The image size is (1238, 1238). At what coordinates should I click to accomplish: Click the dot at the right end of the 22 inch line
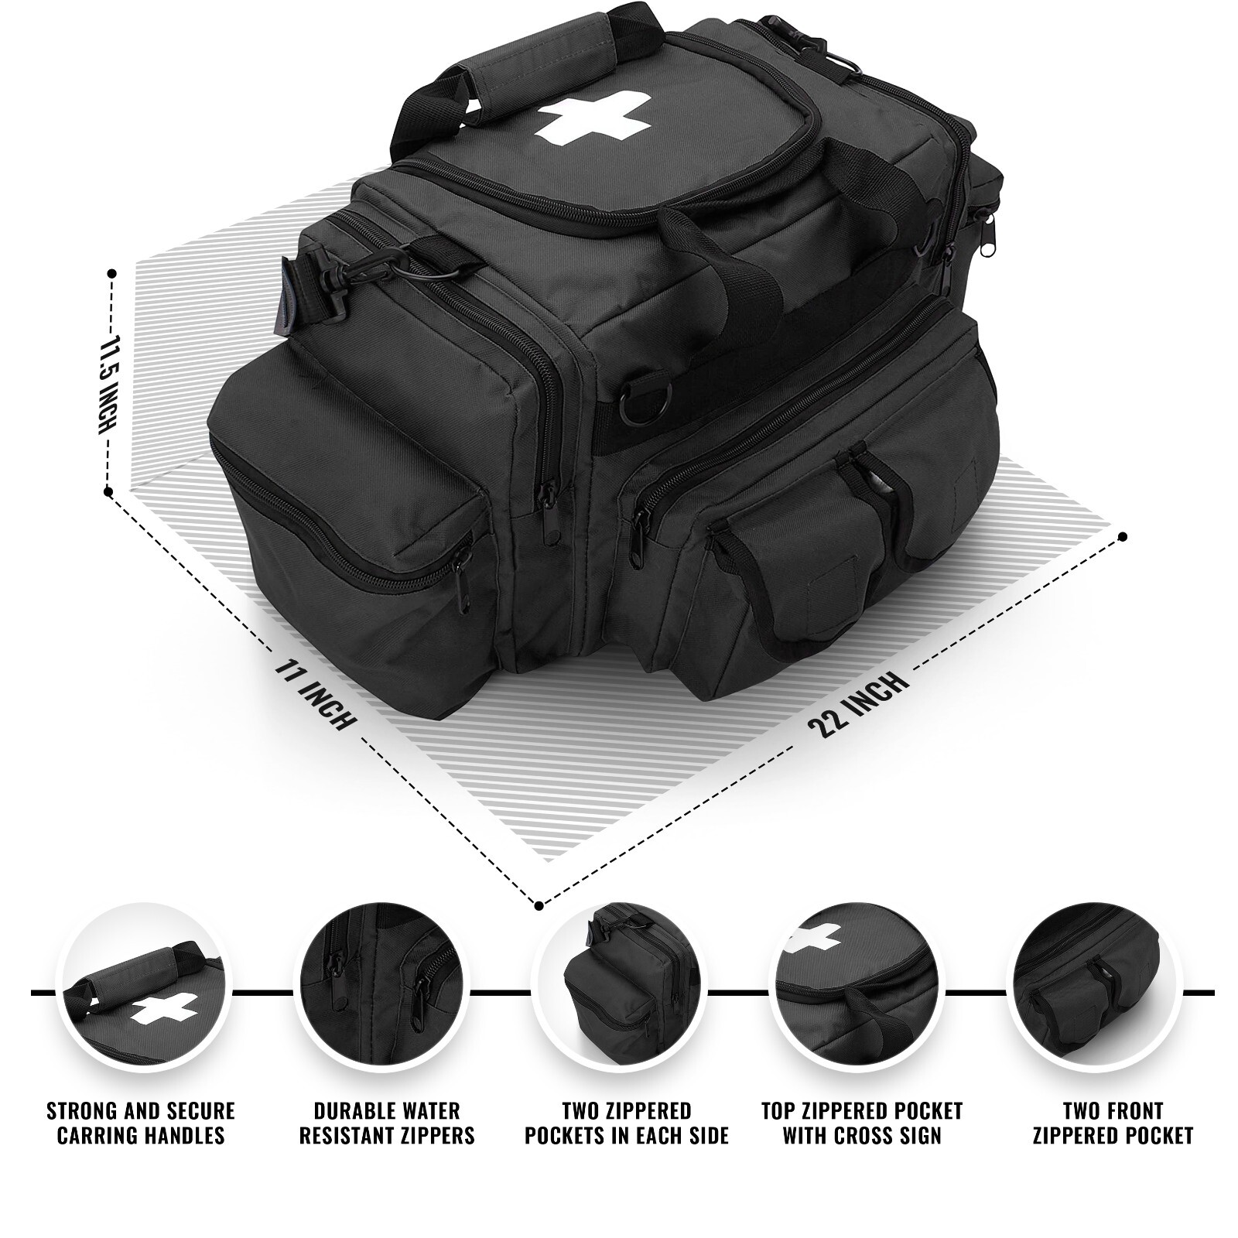click(x=1123, y=535)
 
